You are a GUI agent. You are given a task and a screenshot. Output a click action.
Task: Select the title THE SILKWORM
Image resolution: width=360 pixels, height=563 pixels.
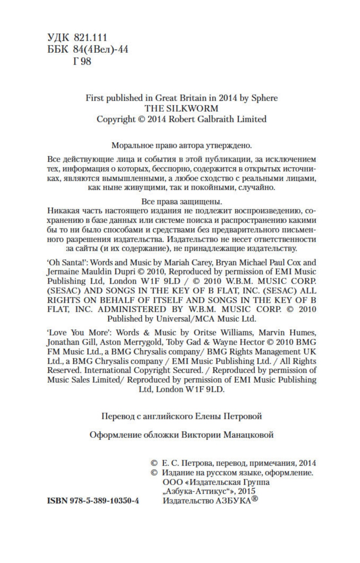click(x=181, y=108)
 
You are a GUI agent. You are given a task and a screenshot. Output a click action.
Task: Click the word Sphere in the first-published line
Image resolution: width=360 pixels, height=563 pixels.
click(x=264, y=98)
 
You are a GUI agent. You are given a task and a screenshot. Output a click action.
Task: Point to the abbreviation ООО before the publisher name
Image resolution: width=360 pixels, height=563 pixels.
click(x=170, y=482)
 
